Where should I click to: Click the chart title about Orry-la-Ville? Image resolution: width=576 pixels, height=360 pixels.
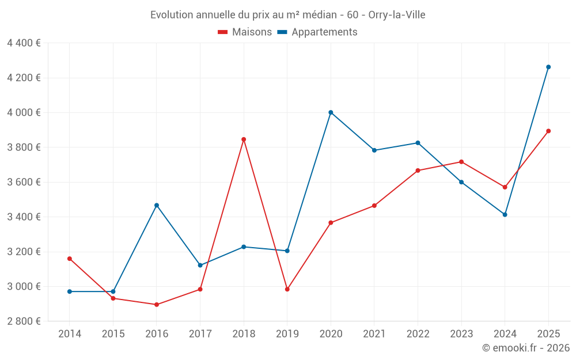click(287, 15)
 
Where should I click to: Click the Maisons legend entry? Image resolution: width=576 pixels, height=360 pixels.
click(245, 32)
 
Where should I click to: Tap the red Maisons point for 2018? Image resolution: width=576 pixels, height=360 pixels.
click(244, 139)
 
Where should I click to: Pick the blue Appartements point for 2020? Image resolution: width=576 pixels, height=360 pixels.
click(331, 112)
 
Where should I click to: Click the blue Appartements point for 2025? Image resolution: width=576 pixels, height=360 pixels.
click(548, 67)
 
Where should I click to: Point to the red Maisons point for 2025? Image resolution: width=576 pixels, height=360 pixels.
click(548, 131)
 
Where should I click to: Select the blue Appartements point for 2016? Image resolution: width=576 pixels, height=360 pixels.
click(157, 205)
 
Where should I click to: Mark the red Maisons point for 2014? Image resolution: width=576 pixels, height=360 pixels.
click(70, 259)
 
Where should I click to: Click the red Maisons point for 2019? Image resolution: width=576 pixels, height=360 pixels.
click(287, 289)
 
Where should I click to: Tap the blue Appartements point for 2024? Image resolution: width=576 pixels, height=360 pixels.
click(505, 214)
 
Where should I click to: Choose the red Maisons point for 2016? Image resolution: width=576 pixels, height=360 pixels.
click(157, 305)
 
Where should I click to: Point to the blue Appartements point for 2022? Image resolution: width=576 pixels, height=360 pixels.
click(418, 143)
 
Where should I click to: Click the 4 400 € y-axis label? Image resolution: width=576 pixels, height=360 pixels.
click(24, 43)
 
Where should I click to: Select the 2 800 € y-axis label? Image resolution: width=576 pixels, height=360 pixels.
click(24, 321)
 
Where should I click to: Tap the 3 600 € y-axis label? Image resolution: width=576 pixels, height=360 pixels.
click(24, 182)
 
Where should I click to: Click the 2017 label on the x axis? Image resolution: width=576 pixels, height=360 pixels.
click(200, 334)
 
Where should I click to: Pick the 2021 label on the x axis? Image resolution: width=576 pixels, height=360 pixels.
click(374, 334)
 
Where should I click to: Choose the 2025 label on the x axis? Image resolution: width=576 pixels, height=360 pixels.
click(548, 334)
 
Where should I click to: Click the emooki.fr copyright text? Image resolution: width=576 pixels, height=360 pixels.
click(525, 348)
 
